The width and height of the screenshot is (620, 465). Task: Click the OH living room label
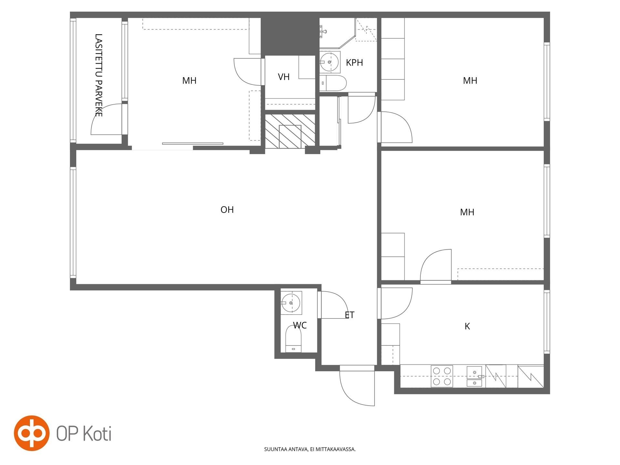[x=227, y=210]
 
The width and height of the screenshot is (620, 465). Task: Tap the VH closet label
[x=284, y=77]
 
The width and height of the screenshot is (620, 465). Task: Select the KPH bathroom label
[x=354, y=63]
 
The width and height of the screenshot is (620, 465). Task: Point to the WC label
[x=300, y=325]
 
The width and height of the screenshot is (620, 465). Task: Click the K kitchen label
[x=467, y=326]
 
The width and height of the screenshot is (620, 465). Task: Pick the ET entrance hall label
[x=349, y=315]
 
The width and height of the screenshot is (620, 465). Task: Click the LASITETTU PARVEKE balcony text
[x=99, y=75]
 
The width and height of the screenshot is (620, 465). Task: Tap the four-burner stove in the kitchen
[x=442, y=376]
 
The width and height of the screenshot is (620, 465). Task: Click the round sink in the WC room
[x=291, y=303]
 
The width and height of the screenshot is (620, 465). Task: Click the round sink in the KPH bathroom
[x=329, y=61]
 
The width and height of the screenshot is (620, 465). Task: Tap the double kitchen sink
[x=475, y=376]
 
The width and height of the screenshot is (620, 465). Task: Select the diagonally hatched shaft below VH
[x=290, y=131]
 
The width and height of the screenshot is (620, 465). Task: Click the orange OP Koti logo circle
[x=32, y=433]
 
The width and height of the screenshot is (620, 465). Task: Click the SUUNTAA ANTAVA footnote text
[x=310, y=449]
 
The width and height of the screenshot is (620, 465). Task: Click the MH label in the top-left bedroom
[x=189, y=81]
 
